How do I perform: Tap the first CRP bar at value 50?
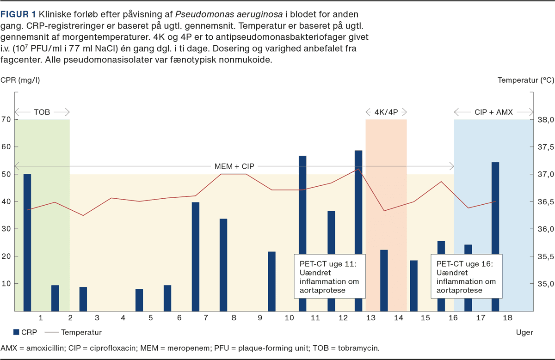coord(27,242)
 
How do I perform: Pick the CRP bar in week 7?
coord(196,256)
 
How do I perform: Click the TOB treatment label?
coord(42,112)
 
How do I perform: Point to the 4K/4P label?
coord(386,112)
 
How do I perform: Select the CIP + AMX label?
coord(493,112)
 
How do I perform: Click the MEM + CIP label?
coord(234,166)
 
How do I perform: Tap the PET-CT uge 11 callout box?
coord(330,276)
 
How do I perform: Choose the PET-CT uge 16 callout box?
coord(466,276)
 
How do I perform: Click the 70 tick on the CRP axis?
coord(6,120)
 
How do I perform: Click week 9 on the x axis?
coord(260,318)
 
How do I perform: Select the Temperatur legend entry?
coord(81,332)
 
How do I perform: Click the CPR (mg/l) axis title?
coord(20,80)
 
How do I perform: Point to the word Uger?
coord(524,332)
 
